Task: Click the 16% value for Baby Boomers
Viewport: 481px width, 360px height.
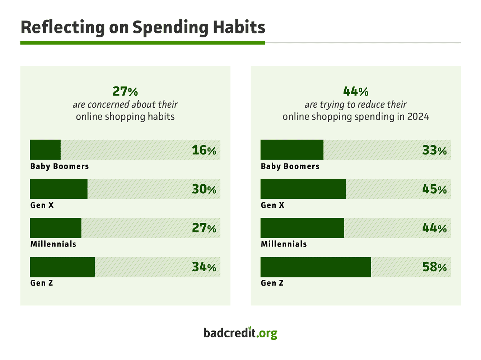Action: coord(204,150)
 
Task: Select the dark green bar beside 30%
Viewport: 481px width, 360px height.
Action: coord(59,189)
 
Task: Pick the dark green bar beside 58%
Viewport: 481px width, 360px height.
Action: coord(316,267)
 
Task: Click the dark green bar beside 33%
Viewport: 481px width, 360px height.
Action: coord(292,150)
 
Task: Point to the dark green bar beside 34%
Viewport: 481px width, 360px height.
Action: coord(62,267)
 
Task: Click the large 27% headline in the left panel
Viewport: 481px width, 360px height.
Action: coord(125,91)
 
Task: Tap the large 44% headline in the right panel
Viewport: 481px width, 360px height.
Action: coord(356,91)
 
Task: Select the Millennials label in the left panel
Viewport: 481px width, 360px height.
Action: coord(53,244)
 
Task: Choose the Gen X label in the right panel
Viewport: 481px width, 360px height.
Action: coord(272,205)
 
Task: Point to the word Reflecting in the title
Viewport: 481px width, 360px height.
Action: coord(62,28)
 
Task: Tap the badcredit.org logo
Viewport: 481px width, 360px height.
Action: coord(240,333)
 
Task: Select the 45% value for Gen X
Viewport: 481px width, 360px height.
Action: coord(434,189)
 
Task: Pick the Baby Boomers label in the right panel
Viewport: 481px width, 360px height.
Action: coord(290,166)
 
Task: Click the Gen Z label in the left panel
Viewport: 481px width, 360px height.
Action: coord(42,283)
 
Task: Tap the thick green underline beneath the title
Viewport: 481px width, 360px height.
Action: coord(143,43)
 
